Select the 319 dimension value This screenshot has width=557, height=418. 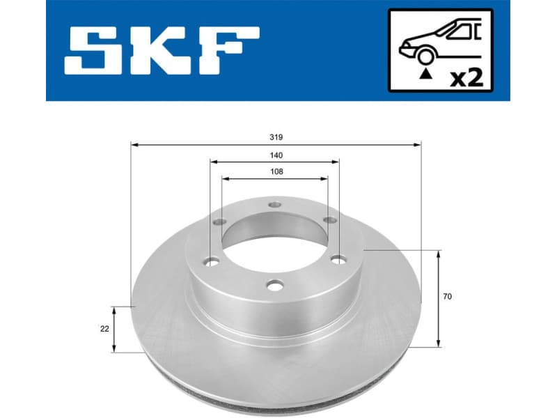(x=276, y=137)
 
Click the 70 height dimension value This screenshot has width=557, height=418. (x=448, y=297)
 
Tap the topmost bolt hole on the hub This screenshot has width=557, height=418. (x=275, y=206)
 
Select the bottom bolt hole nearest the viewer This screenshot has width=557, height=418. (x=276, y=286)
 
